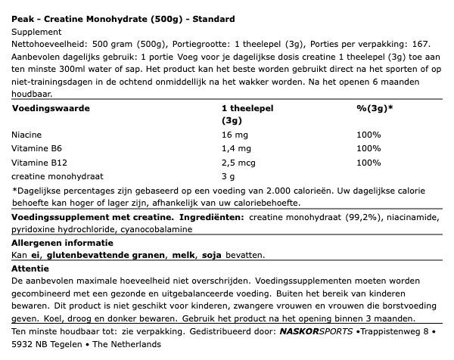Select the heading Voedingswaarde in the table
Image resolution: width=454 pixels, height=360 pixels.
coord(51,108)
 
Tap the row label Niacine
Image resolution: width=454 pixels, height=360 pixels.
coord(28,134)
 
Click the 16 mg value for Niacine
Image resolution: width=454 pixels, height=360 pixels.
coord(234,134)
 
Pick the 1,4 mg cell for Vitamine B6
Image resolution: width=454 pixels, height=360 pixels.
coord(236,148)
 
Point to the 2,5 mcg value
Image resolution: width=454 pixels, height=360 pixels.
coord(239,163)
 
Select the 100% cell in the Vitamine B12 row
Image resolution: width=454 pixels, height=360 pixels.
coord(368,163)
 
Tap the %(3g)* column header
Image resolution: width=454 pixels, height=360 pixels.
coord(375,108)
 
